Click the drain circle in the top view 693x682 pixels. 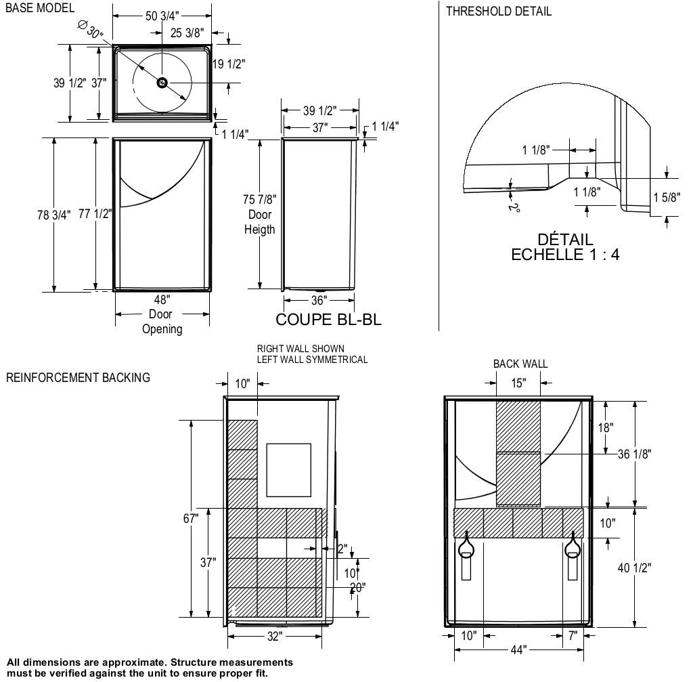[162, 83]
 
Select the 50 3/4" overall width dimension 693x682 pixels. [162, 16]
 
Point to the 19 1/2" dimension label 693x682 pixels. [229, 64]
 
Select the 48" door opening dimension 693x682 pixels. [162, 299]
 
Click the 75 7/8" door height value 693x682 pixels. [259, 199]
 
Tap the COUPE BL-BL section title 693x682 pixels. [328, 320]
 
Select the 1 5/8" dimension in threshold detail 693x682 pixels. [667, 198]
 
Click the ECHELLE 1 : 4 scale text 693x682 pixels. [565, 255]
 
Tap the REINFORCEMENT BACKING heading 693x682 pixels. [78, 378]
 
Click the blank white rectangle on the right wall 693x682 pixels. [289, 469]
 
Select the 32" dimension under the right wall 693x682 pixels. [275, 637]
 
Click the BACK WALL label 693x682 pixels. [520, 364]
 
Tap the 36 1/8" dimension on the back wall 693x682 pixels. [634, 454]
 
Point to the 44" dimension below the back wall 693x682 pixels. [518, 650]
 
